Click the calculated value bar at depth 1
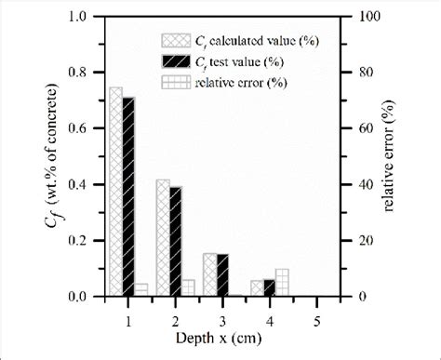(x=115, y=192)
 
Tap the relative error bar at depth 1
(x=141, y=289)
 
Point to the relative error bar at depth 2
(x=188, y=287)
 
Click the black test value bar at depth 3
(x=222, y=275)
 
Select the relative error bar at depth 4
(x=282, y=283)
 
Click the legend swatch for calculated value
(x=173, y=41)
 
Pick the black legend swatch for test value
(x=173, y=61)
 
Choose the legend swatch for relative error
(x=173, y=82)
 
